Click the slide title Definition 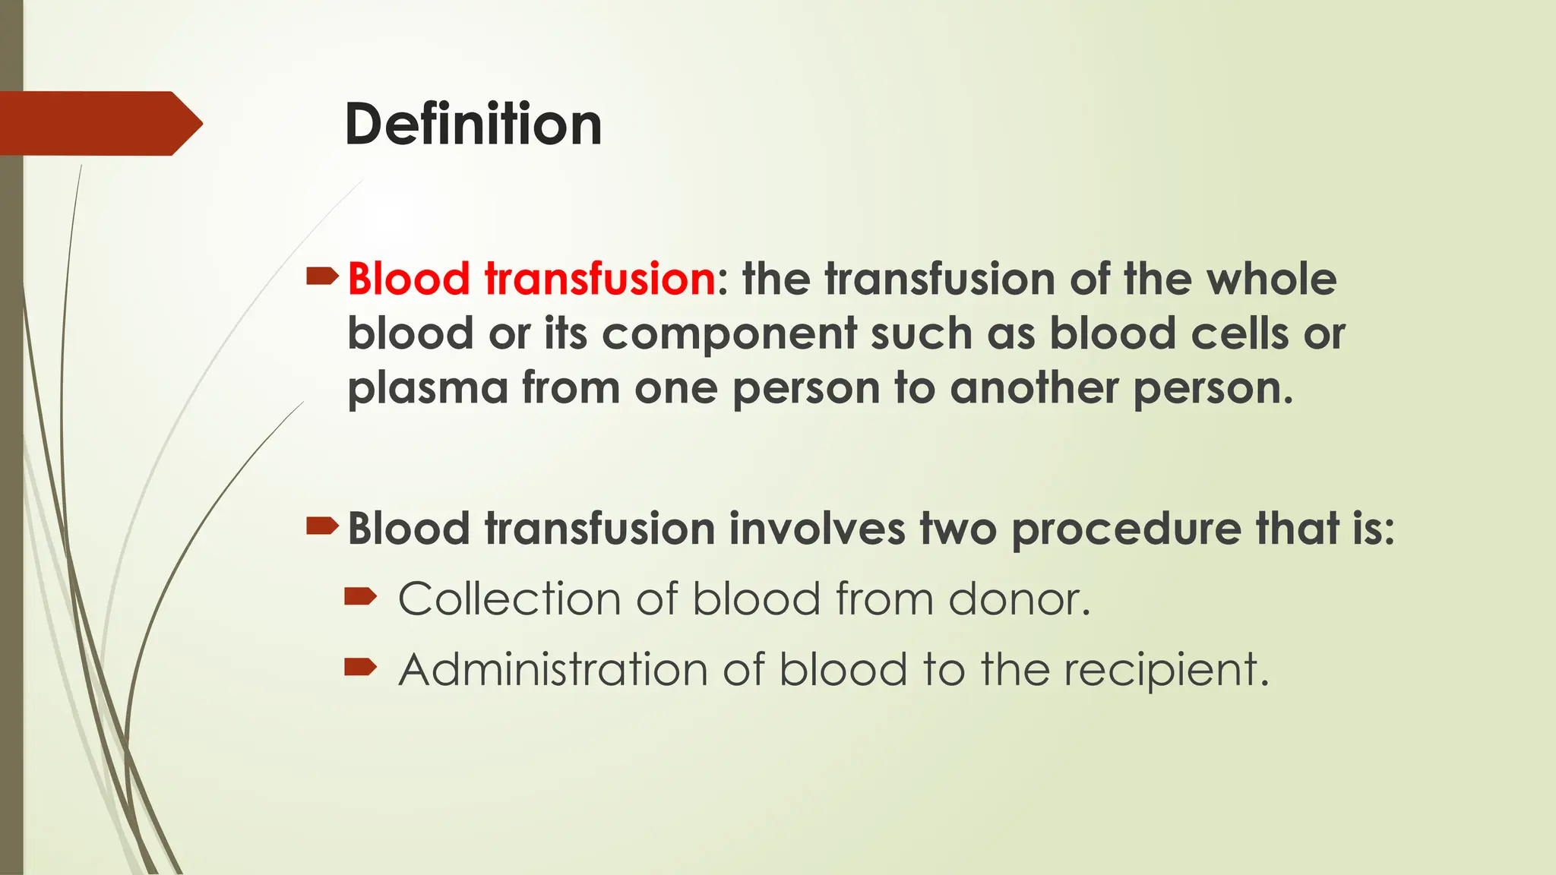pyautogui.click(x=473, y=124)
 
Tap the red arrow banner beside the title pyautogui.click(x=99, y=123)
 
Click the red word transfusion pyautogui.click(x=599, y=279)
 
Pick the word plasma pyautogui.click(x=427, y=389)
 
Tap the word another pyautogui.click(x=1033, y=388)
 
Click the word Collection pyautogui.click(x=510, y=599)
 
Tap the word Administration pyautogui.click(x=553, y=669)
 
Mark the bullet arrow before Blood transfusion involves pyautogui.click(x=321, y=526)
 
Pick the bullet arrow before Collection pyautogui.click(x=360, y=597)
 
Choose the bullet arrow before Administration pyautogui.click(x=360, y=668)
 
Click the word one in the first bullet pyautogui.click(x=675, y=388)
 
